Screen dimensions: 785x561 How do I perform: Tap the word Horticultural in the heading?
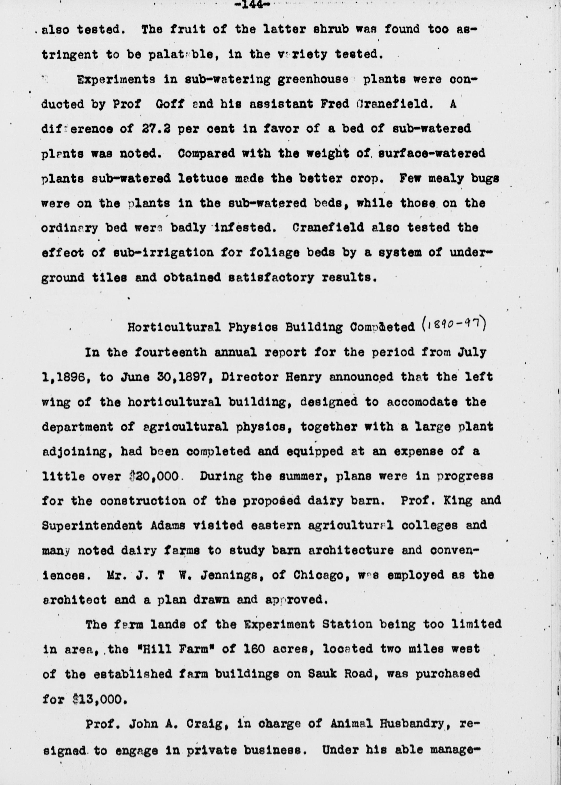click(x=174, y=327)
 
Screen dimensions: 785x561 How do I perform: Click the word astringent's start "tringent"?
click(x=69, y=54)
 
